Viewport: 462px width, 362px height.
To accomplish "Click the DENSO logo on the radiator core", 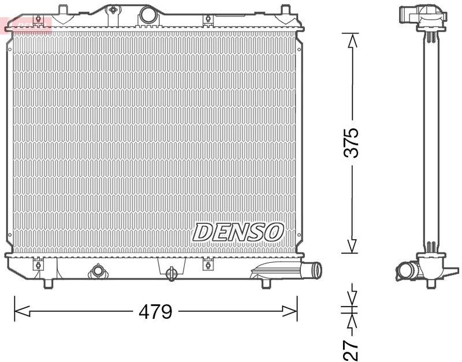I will click(238, 232).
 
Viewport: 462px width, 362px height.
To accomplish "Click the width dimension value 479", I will click(155, 312).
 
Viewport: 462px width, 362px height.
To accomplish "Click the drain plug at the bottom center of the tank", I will click(172, 273).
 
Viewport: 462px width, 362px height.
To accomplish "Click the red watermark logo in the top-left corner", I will click(27, 24).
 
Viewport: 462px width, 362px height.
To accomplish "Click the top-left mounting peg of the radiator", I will click(62, 9).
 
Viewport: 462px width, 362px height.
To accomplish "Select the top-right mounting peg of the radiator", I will click(285, 10).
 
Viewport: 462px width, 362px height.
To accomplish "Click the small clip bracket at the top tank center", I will click(113, 10).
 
